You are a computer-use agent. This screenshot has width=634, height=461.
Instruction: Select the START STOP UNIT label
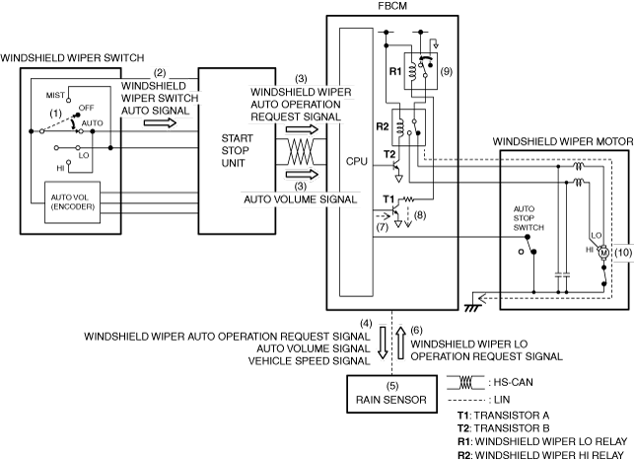click(x=237, y=151)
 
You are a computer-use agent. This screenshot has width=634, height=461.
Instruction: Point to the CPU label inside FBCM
click(x=356, y=161)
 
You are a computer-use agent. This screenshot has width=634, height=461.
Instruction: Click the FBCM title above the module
click(x=392, y=6)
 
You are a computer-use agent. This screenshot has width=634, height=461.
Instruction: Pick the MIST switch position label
click(x=55, y=95)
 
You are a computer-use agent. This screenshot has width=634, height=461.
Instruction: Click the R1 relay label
click(x=395, y=72)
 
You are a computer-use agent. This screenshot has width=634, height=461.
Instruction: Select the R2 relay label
click(x=383, y=126)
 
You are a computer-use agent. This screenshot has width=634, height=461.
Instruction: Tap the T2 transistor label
click(x=389, y=154)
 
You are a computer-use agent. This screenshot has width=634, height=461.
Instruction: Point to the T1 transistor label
click(x=388, y=199)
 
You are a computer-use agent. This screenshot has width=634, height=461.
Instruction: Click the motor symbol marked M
click(x=603, y=253)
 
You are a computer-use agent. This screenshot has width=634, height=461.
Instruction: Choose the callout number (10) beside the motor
click(x=623, y=253)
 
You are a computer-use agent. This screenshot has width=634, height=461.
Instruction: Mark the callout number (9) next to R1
click(x=446, y=72)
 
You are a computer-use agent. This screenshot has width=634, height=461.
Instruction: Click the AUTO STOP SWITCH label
click(x=528, y=218)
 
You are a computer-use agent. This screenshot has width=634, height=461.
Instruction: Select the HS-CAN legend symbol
click(x=465, y=382)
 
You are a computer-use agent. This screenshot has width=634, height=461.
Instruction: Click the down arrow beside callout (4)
click(x=383, y=343)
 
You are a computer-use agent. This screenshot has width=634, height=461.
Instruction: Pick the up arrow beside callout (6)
click(x=400, y=343)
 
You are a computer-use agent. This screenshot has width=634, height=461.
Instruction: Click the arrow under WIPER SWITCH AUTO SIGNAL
click(x=160, y=122)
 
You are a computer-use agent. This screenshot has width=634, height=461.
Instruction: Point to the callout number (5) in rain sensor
click(x=391, y=386)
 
